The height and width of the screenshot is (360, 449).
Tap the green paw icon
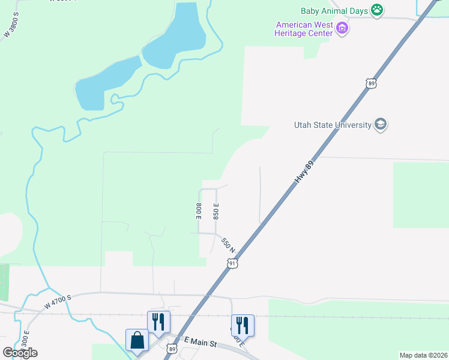[x=377, y=9]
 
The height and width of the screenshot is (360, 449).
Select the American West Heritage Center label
[x=304, y=29]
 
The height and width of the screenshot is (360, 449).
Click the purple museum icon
[x=342, y=28]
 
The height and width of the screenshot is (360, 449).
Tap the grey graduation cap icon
[x=380, y=124]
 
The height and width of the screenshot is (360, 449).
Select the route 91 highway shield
[x=233, y=263]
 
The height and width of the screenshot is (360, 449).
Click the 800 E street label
[x=198, y=211]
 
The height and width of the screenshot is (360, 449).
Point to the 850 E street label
[x=215, y=211]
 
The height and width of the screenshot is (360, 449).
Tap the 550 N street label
[x=228, y=245]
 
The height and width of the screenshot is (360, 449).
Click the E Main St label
[x=200, y=342]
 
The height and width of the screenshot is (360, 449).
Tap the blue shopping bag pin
[x=137, y=340]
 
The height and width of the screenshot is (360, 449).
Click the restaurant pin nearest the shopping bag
[x=158, y=321]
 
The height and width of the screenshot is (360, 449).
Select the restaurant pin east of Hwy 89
[x=243, y=325]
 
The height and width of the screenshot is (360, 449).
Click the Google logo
[x=20, y=352]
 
